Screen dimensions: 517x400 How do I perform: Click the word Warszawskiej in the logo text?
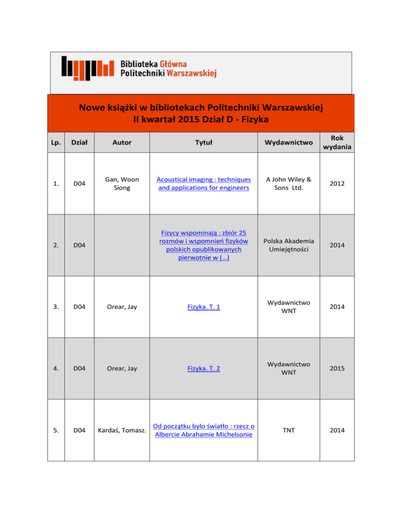click(x=192, y=73)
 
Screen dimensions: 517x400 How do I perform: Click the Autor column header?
click(x=122, y=141)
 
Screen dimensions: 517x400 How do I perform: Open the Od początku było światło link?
click(x=204, y=431)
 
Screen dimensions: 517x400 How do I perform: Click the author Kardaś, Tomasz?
click(x=122, y=431)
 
